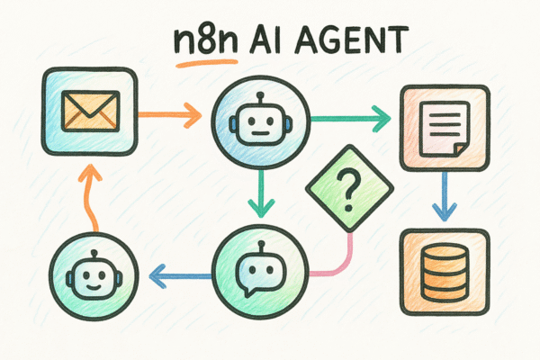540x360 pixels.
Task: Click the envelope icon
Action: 90,112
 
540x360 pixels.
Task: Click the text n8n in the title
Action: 205,40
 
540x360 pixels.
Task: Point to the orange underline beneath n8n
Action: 207,63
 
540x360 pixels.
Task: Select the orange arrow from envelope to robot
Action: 170,115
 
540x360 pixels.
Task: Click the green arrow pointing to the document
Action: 351,119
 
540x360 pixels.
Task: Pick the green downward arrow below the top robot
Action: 261,193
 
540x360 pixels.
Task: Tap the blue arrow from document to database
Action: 445,196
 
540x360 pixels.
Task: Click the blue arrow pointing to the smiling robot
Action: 181,276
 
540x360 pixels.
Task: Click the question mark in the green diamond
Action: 349,189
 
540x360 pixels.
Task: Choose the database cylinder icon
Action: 445,273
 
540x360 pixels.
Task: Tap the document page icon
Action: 445,130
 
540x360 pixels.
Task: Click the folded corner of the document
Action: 462,150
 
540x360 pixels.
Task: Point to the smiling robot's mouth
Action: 94,286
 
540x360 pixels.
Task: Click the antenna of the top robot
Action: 261,98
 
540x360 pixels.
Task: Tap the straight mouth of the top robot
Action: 260,132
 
